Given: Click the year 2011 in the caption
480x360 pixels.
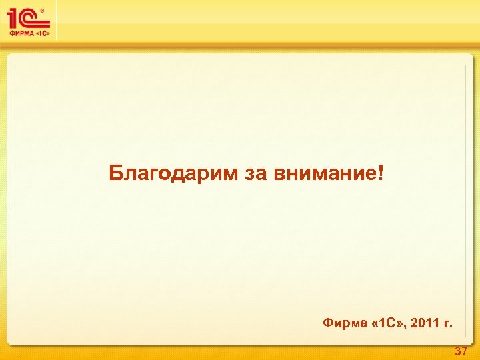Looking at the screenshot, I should pyautogui.click(x=425, y=324).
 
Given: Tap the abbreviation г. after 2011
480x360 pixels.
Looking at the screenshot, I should pyautogui.click(x=447, y=325).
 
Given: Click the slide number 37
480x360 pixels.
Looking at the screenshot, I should pyautogui.click(x=461, y=351).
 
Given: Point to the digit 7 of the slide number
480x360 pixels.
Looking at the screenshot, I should pyautogui.click(x=464, y=351).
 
